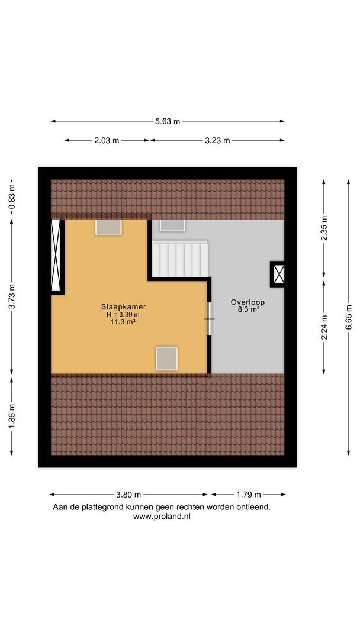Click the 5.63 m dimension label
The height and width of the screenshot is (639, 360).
click(x=167, y=121)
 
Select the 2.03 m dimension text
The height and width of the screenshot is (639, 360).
click(x=107, y=141)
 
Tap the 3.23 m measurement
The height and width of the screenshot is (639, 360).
click(x=217, y=141)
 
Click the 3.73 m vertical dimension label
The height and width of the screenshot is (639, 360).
click(x=12, y=296)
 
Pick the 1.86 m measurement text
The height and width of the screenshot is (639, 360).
click(x=12, y=416)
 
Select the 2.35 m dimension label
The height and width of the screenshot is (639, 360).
click(x=324, y=228)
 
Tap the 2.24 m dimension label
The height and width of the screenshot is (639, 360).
click(x=324, y=327)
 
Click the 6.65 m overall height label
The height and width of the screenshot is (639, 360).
click(x=349, y=317)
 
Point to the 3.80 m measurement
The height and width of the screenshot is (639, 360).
click(x=128, y=495)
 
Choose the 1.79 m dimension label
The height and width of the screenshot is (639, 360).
click(x=248, y=495)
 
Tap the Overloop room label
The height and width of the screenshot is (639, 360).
click(x=248, y=302)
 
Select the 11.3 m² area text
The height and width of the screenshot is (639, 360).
click(x=124, y=321)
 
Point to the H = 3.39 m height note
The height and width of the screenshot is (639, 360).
click(x=123, y=314)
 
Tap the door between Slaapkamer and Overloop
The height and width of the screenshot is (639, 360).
click(x=210, y=319)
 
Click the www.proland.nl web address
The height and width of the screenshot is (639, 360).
click(x=162, y=516)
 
